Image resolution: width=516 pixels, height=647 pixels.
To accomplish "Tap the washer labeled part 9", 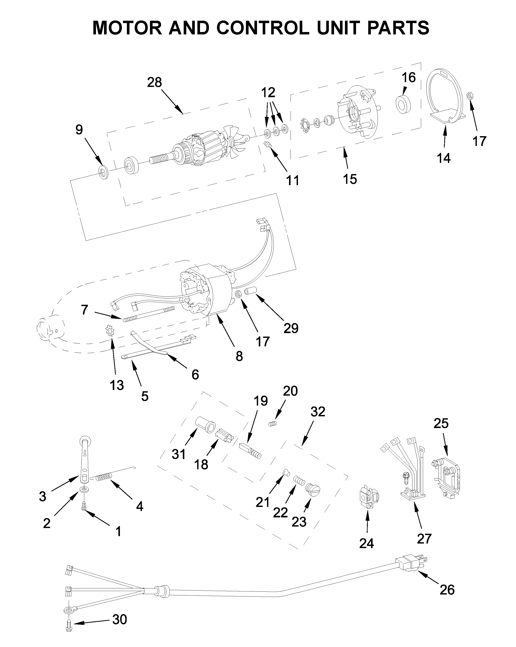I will click(x=103, y=172).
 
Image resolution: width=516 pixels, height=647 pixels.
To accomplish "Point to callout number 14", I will click(x=444, y=158).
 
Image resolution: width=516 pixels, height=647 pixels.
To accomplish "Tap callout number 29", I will click(x=291, y=328).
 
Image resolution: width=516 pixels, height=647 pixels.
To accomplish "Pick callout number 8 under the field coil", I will click(x=239, y=356).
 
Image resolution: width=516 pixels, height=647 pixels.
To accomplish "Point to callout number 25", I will click(x=441, y=423).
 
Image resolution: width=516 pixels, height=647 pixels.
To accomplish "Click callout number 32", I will click(x=318, y=412).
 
